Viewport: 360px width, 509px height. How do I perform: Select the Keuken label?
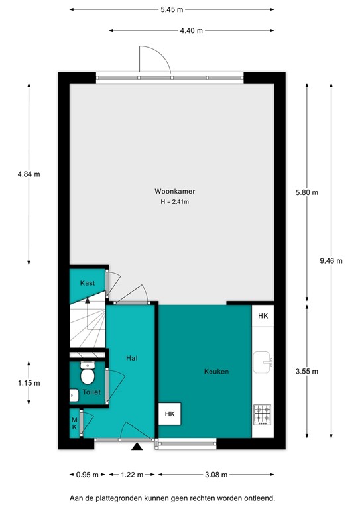point(216,372)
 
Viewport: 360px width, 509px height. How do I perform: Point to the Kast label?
point(88,283)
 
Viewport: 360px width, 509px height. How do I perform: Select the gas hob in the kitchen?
point(263,415)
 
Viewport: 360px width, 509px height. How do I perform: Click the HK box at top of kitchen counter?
point(263,316)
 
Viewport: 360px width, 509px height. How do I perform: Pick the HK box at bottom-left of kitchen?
point(170,414)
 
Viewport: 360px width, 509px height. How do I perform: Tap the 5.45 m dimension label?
point(172,9)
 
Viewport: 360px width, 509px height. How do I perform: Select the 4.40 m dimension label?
point(191,30)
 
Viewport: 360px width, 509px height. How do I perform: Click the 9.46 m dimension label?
point(330,260)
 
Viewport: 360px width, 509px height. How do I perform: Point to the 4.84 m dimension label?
point(29,174)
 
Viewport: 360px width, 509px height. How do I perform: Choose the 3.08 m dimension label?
point(216,475)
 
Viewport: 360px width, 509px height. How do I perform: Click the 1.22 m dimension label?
point(131,475)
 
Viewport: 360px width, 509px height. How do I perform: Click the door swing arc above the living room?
point(152,60)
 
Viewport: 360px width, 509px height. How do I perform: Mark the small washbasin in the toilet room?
point(74,395)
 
